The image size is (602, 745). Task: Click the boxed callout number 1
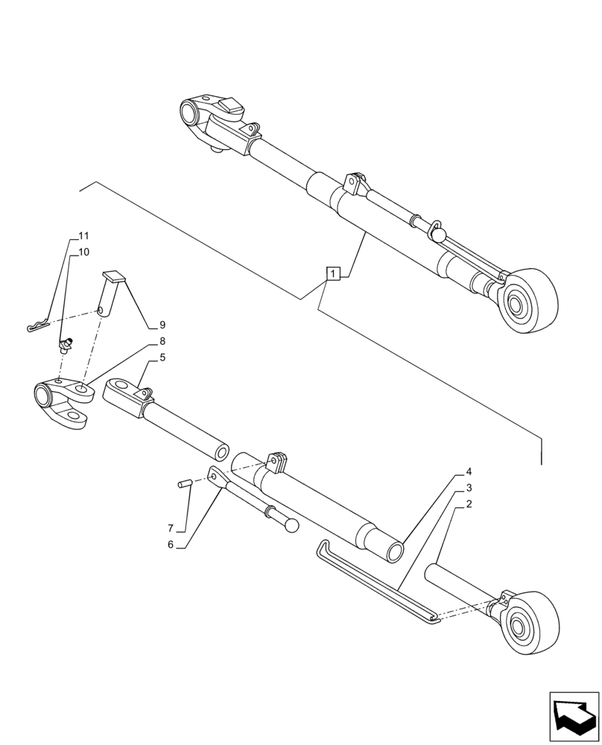[x=333, y=273]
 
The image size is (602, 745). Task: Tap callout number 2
[x=469, y=504]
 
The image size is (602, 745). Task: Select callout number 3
[x=469, y=488]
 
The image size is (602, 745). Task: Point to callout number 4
[x=469, y=472]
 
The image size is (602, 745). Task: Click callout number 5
[x=162, y=358]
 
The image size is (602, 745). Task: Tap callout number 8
[x=162, y=342]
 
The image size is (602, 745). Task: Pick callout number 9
[x=162, y=325]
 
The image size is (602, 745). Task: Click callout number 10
[x=82, y=253]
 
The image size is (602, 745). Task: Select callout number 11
[x=82, y=236]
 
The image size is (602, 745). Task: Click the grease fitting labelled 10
[x=66, y=346]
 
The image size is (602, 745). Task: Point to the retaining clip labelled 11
[x=37, y=326]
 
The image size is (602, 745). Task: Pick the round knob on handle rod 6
[x=291, y=526]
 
